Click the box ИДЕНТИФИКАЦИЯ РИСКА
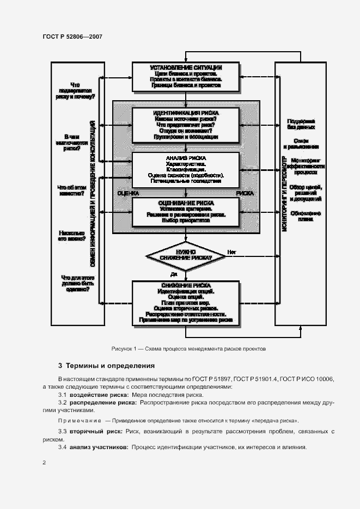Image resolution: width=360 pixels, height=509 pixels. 186,125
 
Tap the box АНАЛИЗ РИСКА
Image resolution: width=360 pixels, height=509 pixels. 186,170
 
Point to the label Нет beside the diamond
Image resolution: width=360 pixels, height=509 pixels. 231,252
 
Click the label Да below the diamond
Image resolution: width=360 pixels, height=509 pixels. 174,274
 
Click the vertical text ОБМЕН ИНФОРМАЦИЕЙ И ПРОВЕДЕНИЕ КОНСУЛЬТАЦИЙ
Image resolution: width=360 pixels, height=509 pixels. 94,194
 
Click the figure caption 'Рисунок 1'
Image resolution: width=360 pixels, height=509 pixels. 188,348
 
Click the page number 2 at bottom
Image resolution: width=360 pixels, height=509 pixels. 44,463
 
